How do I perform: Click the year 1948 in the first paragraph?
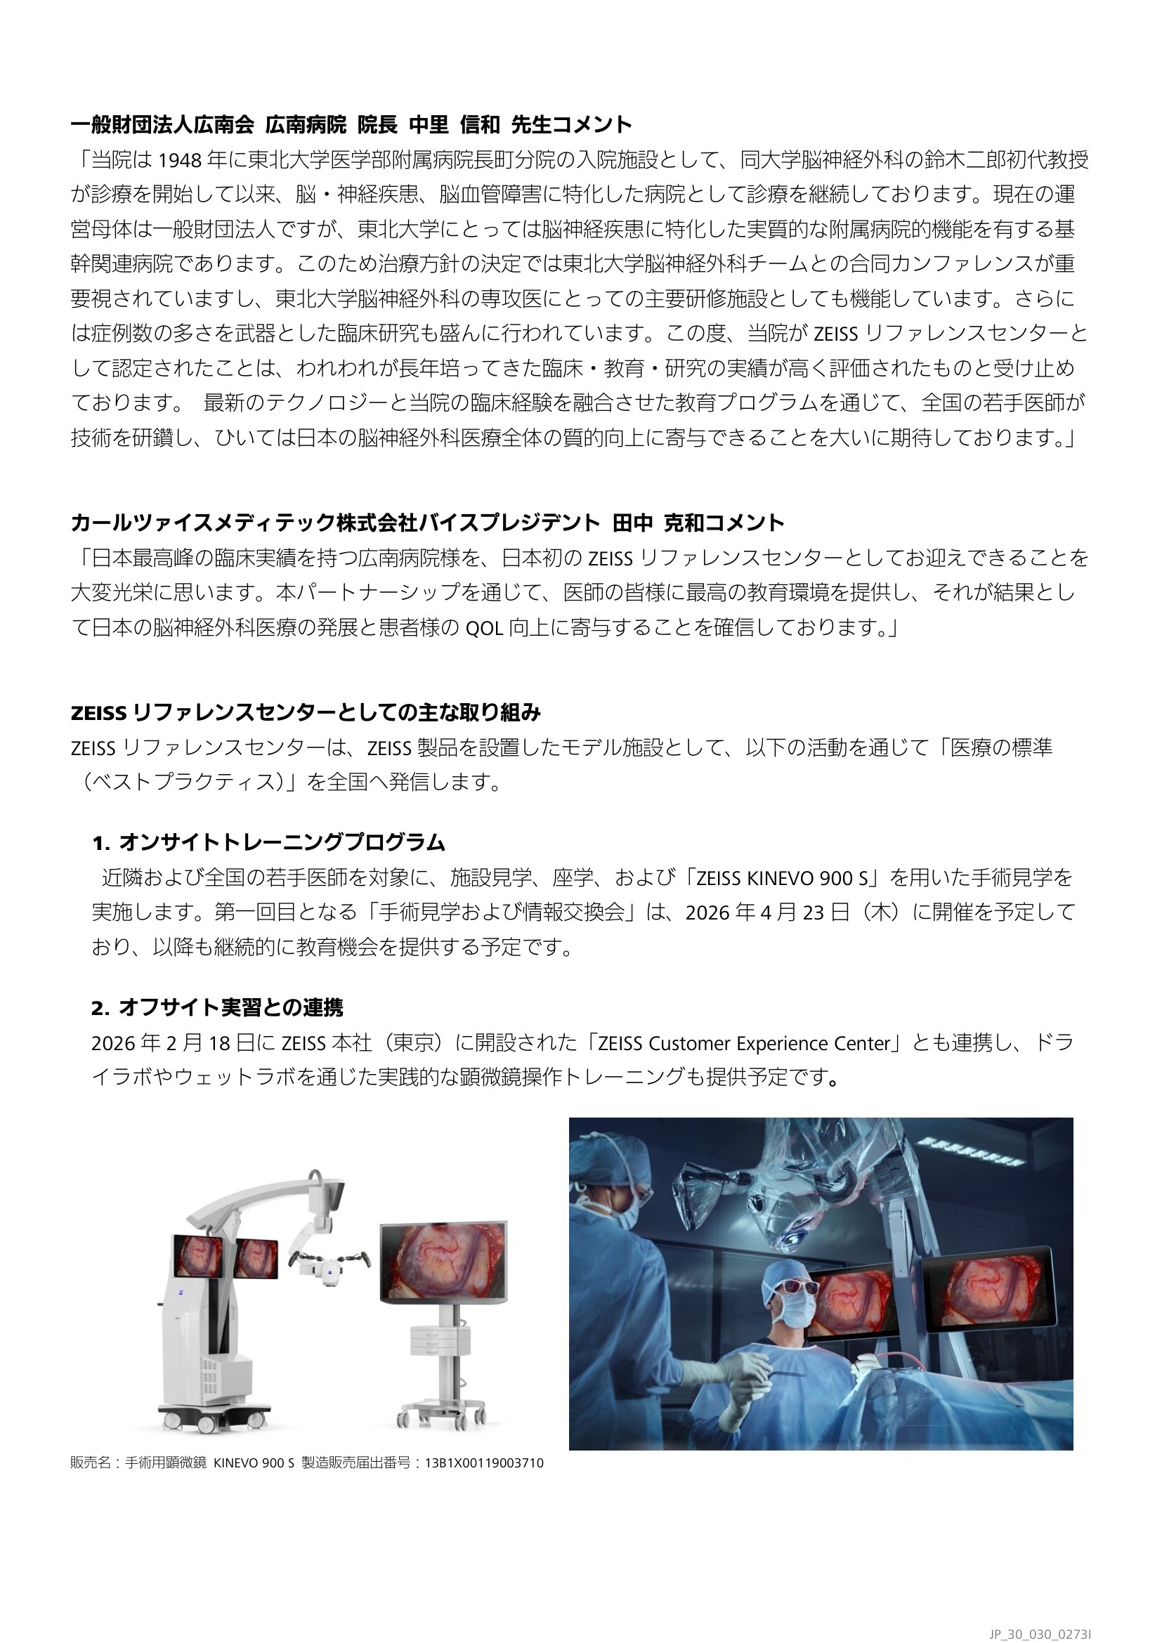179,160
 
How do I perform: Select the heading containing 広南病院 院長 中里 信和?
351,124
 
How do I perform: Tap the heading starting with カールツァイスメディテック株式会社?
427,523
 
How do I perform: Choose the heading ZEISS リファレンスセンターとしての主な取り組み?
306,713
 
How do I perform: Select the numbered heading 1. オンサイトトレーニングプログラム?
268,843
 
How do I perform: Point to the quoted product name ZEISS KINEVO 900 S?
782,878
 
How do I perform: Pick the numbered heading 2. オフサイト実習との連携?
218,1007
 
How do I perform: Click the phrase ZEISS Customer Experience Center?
743,1044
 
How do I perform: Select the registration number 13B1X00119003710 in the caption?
485,1462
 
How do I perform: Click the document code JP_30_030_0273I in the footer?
1040,1629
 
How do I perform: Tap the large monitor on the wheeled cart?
443,1262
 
